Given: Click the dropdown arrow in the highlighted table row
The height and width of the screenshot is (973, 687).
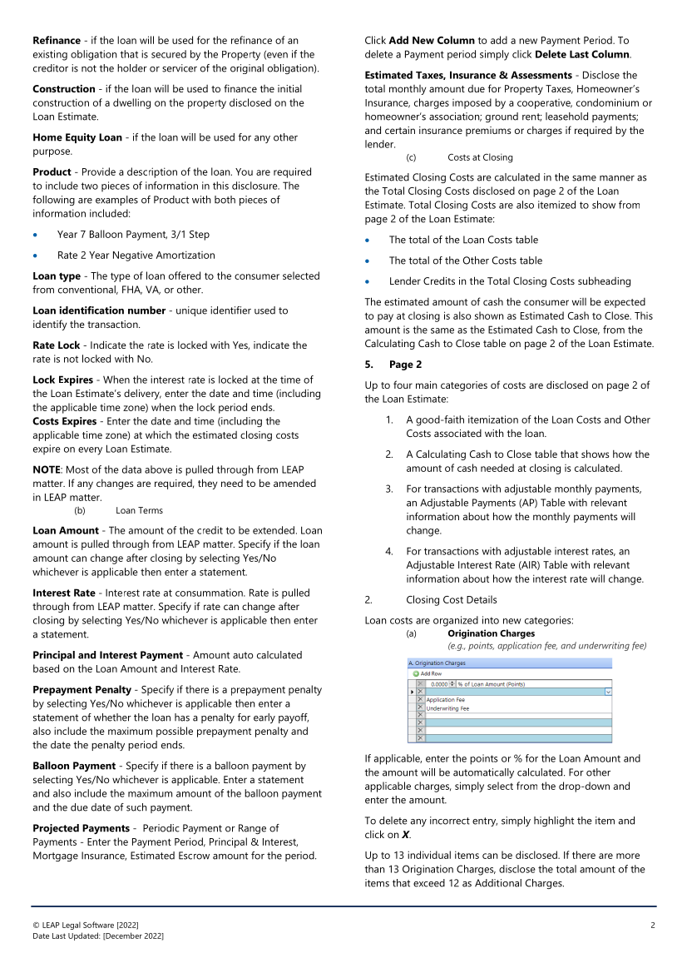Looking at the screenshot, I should pos(608,692).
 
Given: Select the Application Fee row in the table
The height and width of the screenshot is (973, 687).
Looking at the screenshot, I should pos(445,700).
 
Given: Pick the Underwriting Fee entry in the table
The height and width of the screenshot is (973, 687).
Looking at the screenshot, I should pos(447,708).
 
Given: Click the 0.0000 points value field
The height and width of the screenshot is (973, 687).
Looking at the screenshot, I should pos(441,683).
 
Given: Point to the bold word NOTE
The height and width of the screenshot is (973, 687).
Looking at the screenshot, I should pos(50,470).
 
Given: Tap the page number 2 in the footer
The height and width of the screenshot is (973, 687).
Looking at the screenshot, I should pos(653,926).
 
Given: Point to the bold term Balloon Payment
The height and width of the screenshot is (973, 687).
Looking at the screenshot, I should pos(74,766).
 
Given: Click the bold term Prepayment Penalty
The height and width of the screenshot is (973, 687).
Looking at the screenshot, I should pos(82,690).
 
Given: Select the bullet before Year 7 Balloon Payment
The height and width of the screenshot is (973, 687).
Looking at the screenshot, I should pos(36,235).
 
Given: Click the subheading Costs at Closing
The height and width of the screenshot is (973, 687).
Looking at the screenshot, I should pos(480,157).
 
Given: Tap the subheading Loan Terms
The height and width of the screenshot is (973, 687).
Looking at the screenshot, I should pos(139,510).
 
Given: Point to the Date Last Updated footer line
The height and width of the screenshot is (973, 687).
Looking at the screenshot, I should pos(98,936).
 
